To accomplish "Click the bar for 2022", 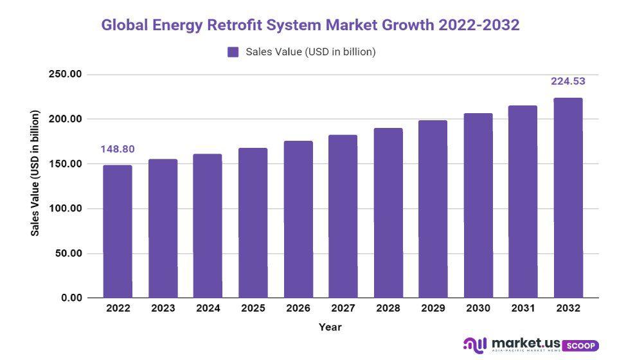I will click(x=118, y=231).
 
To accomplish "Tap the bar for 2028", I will click(x=388, y=213).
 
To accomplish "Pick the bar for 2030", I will click(x=478, y=206).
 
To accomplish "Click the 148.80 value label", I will click(x=118, y=149).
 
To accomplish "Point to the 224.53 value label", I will click(x=568, y=81).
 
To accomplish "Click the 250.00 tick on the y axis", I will click(x=66, y=75).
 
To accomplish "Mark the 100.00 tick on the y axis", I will click(x=66, y=209).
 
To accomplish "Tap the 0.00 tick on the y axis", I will click(x=71, y=298).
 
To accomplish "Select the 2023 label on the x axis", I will click(x=163, y=309).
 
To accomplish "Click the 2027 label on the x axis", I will click(x=343, y=309).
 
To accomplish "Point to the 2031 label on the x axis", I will click(x=523, y=309).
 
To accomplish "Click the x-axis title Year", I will click(x=330, y=327).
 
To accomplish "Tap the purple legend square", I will click(x=233, y=52).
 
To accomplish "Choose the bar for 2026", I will click(x=298, y=219).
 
